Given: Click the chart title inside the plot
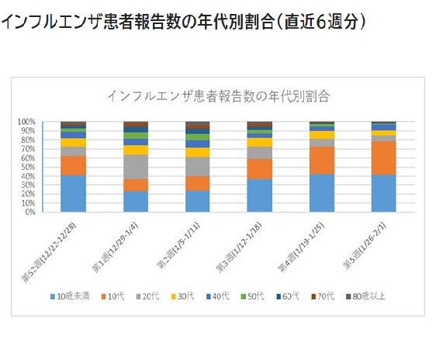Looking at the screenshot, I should pyautogui.click(x=219, y=96).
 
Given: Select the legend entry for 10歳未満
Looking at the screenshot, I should pyautogui.click(x=74, y=296).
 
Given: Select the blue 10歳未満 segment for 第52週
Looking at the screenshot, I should pyautogui.click(x=74, y=193).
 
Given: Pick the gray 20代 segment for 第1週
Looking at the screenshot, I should pyautogui.click(x=136, y=167).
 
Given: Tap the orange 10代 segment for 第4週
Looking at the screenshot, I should pyautogui.click(x=322, y=160).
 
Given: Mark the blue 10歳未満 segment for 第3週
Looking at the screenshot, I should pyautogui.click(x=260, y=195).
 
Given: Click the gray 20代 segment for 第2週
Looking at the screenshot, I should pyautogui.click(x=198, y=166).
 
